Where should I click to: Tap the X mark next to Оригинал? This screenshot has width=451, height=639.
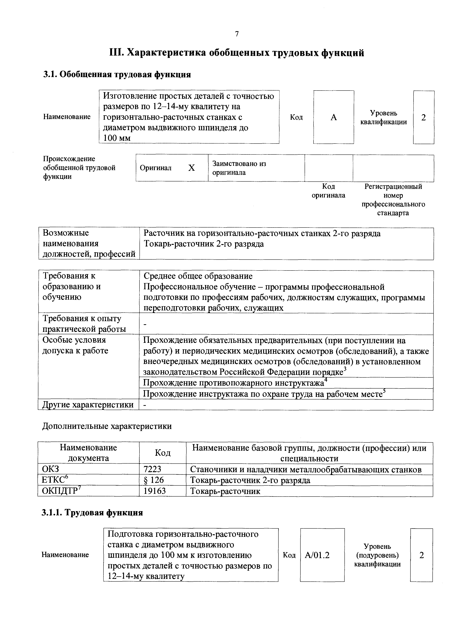(191, 168)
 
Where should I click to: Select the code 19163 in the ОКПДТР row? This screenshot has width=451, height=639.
(155, 491)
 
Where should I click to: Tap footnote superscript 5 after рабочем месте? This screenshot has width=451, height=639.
(384, 391)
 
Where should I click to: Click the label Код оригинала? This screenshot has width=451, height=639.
(328, 191)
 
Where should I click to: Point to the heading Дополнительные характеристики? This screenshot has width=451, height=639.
(107, 426)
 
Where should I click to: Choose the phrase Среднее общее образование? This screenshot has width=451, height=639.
(198, 276)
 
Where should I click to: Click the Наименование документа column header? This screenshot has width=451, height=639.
(88, 453)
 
